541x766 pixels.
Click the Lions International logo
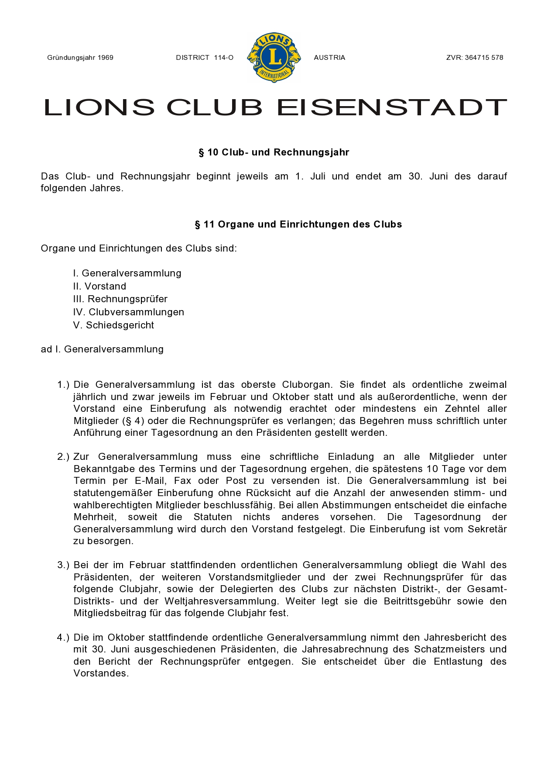pos(274,57)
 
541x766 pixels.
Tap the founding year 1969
pos(106,58)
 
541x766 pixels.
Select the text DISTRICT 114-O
pos(205,58)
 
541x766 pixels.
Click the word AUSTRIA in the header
pos(329,58)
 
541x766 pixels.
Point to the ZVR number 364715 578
pos(483,58)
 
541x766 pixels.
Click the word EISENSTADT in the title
pos(392,107)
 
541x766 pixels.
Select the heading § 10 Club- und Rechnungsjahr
pos(274,152)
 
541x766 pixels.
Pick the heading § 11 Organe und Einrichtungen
pos(298,224)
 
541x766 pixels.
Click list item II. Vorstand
pos(100,286)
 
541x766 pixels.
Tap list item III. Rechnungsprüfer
pos(120,299)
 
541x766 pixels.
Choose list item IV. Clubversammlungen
pos(129,312)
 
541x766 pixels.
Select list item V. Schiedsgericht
pos(113,325)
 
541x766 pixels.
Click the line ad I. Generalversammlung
pos(102,349)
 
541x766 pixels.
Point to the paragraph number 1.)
pos(63,385)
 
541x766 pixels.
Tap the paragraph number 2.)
pos(63,457)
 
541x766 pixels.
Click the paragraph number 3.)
pos(63,565)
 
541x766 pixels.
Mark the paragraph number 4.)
pos(63,638)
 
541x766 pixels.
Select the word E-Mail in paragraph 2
pos(151,481)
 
